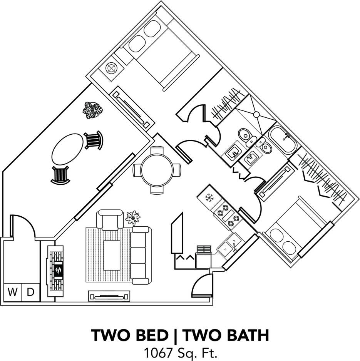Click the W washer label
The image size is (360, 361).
[x=13, y=292]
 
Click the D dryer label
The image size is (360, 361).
[x=30, y=292]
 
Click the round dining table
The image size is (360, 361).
[x=156, y=170]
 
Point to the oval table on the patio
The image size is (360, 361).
[x=68, y=149]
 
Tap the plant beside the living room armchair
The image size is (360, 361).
[x=133, y=217]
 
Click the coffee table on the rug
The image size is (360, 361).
[x=112, y=255]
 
